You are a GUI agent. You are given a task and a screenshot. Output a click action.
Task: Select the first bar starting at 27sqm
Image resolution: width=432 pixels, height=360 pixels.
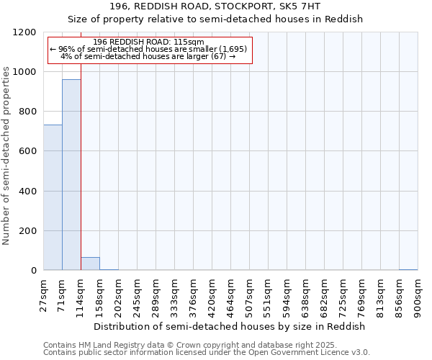[53, 197]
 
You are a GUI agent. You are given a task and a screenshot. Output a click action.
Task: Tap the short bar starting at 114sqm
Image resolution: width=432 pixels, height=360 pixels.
[90, 264]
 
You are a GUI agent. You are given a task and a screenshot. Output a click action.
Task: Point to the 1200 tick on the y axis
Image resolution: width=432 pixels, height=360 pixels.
[28, 33]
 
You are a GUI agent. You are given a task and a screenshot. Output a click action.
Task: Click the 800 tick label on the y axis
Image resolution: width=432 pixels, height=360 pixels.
[28, 112]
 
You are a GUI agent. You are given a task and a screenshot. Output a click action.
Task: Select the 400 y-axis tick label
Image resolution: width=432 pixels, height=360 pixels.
[28, 192]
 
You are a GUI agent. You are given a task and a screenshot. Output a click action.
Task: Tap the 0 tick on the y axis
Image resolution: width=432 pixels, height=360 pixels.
[34, 271]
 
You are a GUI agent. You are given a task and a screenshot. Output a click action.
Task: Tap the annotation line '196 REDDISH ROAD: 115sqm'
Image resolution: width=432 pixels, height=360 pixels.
[149, 42]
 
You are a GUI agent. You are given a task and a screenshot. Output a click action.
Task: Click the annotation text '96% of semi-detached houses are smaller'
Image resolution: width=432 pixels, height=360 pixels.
[149, 49]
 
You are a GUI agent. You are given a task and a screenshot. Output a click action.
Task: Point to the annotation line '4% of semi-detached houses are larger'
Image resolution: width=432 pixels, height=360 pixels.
[149, 56]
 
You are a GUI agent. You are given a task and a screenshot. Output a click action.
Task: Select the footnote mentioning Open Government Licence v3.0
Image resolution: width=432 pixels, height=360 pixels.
[207, 352]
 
